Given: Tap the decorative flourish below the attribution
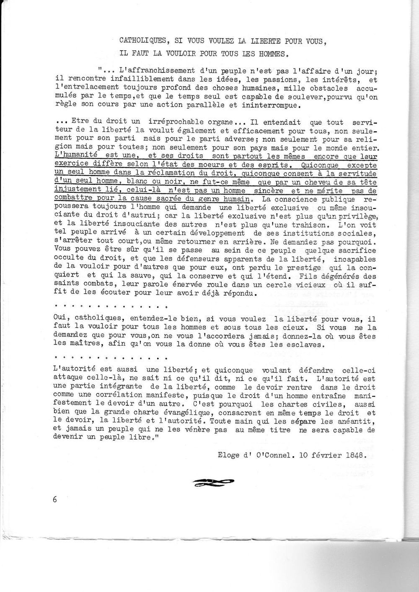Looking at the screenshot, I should (x=215, y=482).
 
